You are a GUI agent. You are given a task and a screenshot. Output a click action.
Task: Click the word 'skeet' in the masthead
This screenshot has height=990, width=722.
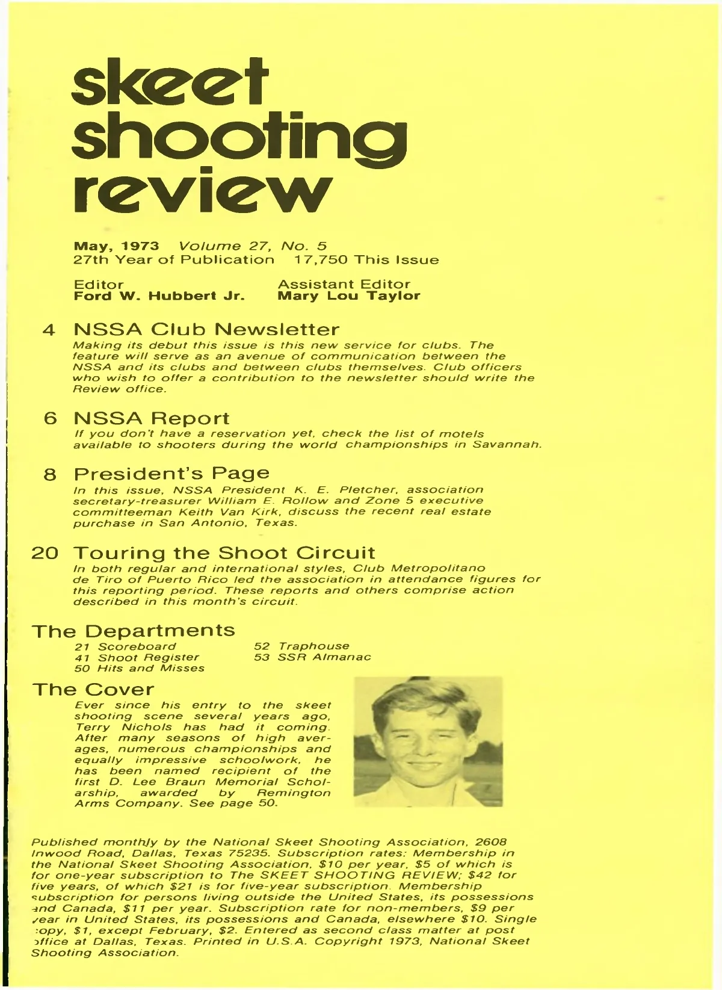170,87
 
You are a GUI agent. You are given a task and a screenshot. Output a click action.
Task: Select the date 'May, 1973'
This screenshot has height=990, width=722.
116,246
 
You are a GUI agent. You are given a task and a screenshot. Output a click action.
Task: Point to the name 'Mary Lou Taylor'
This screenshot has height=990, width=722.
349,296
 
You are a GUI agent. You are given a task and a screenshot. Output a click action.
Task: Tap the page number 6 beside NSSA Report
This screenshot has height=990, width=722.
51,419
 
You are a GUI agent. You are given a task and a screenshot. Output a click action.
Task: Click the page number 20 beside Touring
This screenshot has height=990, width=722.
45,553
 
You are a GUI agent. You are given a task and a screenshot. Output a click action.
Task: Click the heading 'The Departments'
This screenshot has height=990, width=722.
134,631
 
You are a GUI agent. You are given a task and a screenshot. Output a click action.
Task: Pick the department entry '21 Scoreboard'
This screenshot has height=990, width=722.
125,647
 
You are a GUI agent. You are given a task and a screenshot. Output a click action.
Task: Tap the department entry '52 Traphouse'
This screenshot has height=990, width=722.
301,646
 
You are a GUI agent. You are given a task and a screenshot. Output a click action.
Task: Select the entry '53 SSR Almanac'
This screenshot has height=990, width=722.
312,657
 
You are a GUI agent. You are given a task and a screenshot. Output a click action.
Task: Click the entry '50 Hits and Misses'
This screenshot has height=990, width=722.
139,668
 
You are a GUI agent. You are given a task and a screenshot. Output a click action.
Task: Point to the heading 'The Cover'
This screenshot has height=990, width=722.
93,689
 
